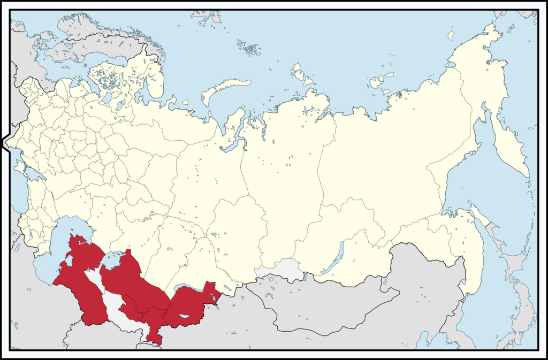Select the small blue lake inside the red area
click(x=184, y=317)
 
